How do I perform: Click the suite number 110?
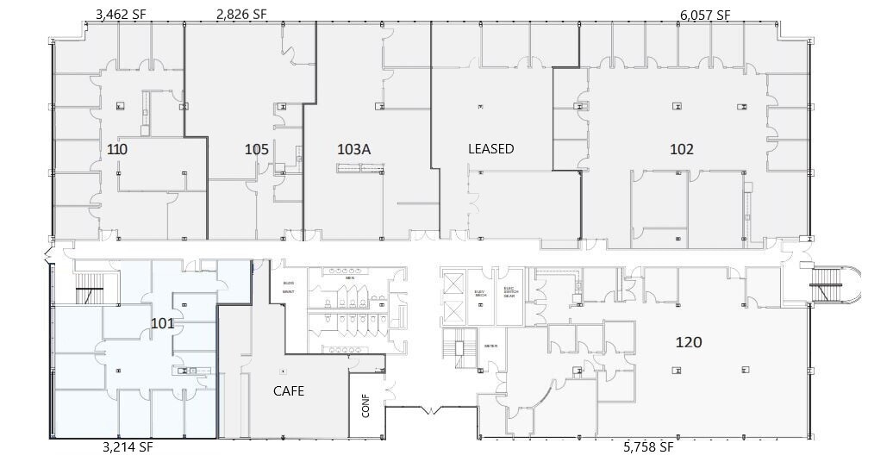point(117,149)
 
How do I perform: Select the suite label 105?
point(256,149)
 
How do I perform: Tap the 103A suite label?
point(353,149)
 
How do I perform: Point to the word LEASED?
point(490,149)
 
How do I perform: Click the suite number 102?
point(681,148)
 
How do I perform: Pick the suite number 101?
point(163,324)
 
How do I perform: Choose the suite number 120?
point(689,342)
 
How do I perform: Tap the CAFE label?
point(289,390)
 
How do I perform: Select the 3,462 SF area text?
point(122,14)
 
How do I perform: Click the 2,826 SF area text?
point(241,14)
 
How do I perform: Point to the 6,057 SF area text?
point(704,15)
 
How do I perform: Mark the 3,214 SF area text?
point(128,447)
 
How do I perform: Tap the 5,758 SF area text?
point(647,447)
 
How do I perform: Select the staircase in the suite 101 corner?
point(89,292)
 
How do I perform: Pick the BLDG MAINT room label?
point(288,287)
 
